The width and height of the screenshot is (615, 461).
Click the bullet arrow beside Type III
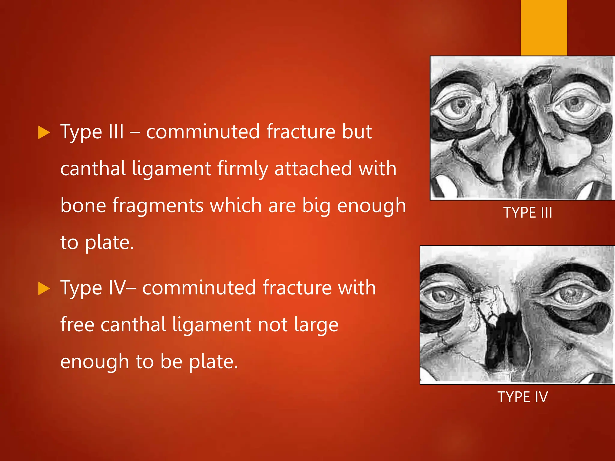(44, 133)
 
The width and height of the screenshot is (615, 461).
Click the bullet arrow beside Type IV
(44, 289)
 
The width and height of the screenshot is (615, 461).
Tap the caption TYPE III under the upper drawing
(528, 212)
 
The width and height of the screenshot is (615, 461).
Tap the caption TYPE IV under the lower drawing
(523, 397)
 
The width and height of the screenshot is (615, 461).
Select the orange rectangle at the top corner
(544, 27)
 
